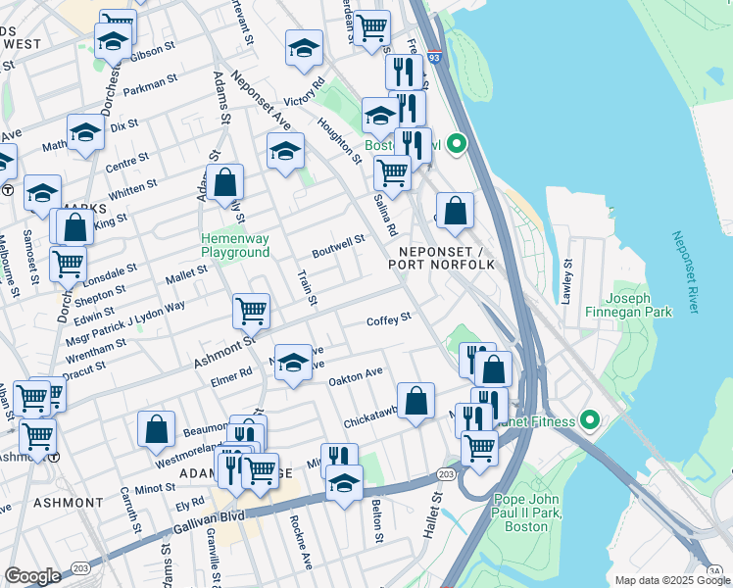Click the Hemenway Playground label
235,245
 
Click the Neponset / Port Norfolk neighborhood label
433,257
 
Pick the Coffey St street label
388,318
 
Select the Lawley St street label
566,281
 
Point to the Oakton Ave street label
355,375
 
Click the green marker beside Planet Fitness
589,421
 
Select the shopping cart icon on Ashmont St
252,312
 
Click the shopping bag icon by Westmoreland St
157,428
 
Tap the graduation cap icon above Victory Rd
305,47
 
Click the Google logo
32,576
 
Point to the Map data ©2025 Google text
671,580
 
